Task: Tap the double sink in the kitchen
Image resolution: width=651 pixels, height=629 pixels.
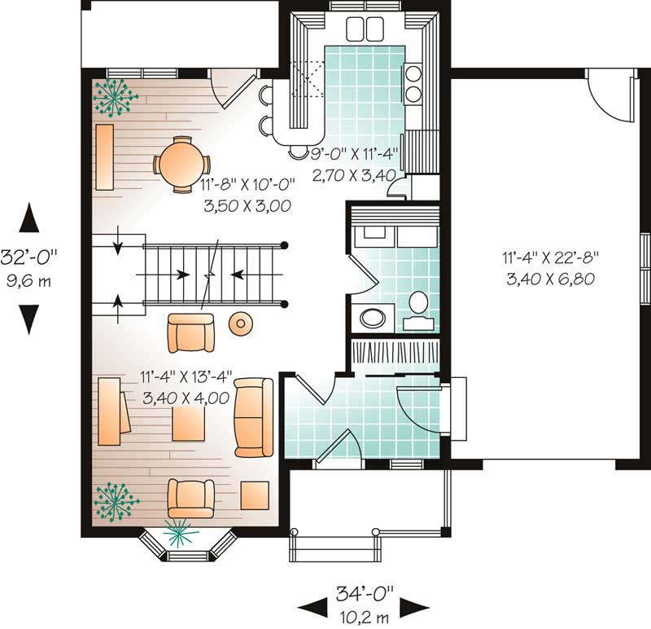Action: pyautogui.click(x=365, y=29)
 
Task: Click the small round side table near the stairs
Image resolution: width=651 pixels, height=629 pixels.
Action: pyautogui.click(x=241, y=323)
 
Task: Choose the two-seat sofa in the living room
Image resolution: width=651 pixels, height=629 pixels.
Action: pyautogui.click(x=254, y=416)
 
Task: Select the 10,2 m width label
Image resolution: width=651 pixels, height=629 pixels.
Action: pyautogui.click(x=363, y=615)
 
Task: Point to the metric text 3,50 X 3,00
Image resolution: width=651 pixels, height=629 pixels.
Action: pyautogui.click(x=247, y=207)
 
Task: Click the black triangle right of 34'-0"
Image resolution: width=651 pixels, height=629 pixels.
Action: pyautogui.click(x=415, y=605)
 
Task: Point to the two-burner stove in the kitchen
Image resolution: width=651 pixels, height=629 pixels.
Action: pyautogui.click(x=413, y=83)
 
